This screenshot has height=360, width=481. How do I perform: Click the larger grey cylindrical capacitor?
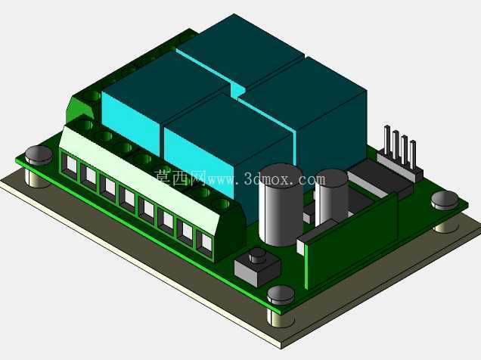point(281,205)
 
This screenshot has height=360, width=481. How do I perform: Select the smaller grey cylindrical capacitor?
point(331,196)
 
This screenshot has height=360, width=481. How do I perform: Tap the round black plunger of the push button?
point(257,256)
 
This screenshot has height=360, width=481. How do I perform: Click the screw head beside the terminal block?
point(39,155)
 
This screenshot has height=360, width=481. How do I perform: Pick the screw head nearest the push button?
point(281,296)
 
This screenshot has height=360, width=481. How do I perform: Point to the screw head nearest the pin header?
point(445,200)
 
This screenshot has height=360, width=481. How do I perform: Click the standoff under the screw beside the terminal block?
point(38,178)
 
